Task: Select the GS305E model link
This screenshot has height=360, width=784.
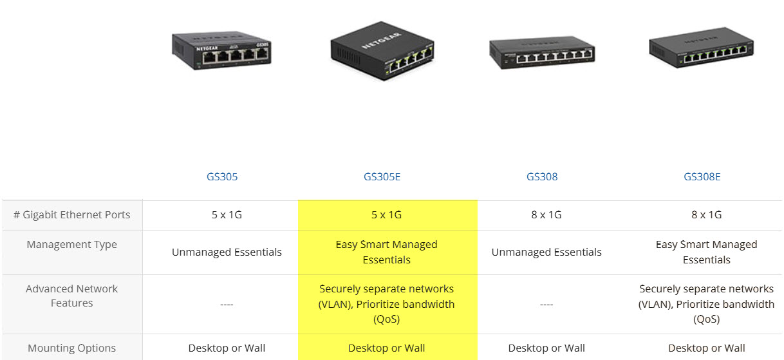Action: (382, 176)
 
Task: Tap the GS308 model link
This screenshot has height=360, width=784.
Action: (542, 176)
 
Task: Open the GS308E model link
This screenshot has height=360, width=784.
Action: (702, 176)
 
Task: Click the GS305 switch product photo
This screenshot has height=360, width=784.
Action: (221, 50)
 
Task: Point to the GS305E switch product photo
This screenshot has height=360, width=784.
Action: (381, 50)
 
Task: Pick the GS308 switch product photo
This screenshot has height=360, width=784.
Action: (542, 53)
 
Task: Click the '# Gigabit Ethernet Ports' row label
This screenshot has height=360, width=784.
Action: (72, 215)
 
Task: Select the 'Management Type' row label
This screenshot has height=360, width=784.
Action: (72, 245)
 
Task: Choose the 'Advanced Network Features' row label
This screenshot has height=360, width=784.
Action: (72, 296)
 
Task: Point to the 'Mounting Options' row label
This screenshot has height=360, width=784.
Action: (72, 348)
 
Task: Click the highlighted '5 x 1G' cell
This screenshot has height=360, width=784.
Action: (387, 215)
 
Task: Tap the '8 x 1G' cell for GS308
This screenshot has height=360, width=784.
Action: (546, 215)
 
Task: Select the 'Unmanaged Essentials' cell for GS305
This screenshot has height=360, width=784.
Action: (227, 252)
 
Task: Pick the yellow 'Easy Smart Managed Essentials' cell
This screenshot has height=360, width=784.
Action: (387, 252)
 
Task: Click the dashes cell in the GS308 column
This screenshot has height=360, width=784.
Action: (546, 304)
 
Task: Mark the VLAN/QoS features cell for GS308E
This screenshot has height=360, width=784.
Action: (706, 304)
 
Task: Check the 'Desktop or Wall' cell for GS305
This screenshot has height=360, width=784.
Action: (227, 348)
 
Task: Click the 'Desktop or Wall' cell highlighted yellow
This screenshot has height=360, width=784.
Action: (387, 348)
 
